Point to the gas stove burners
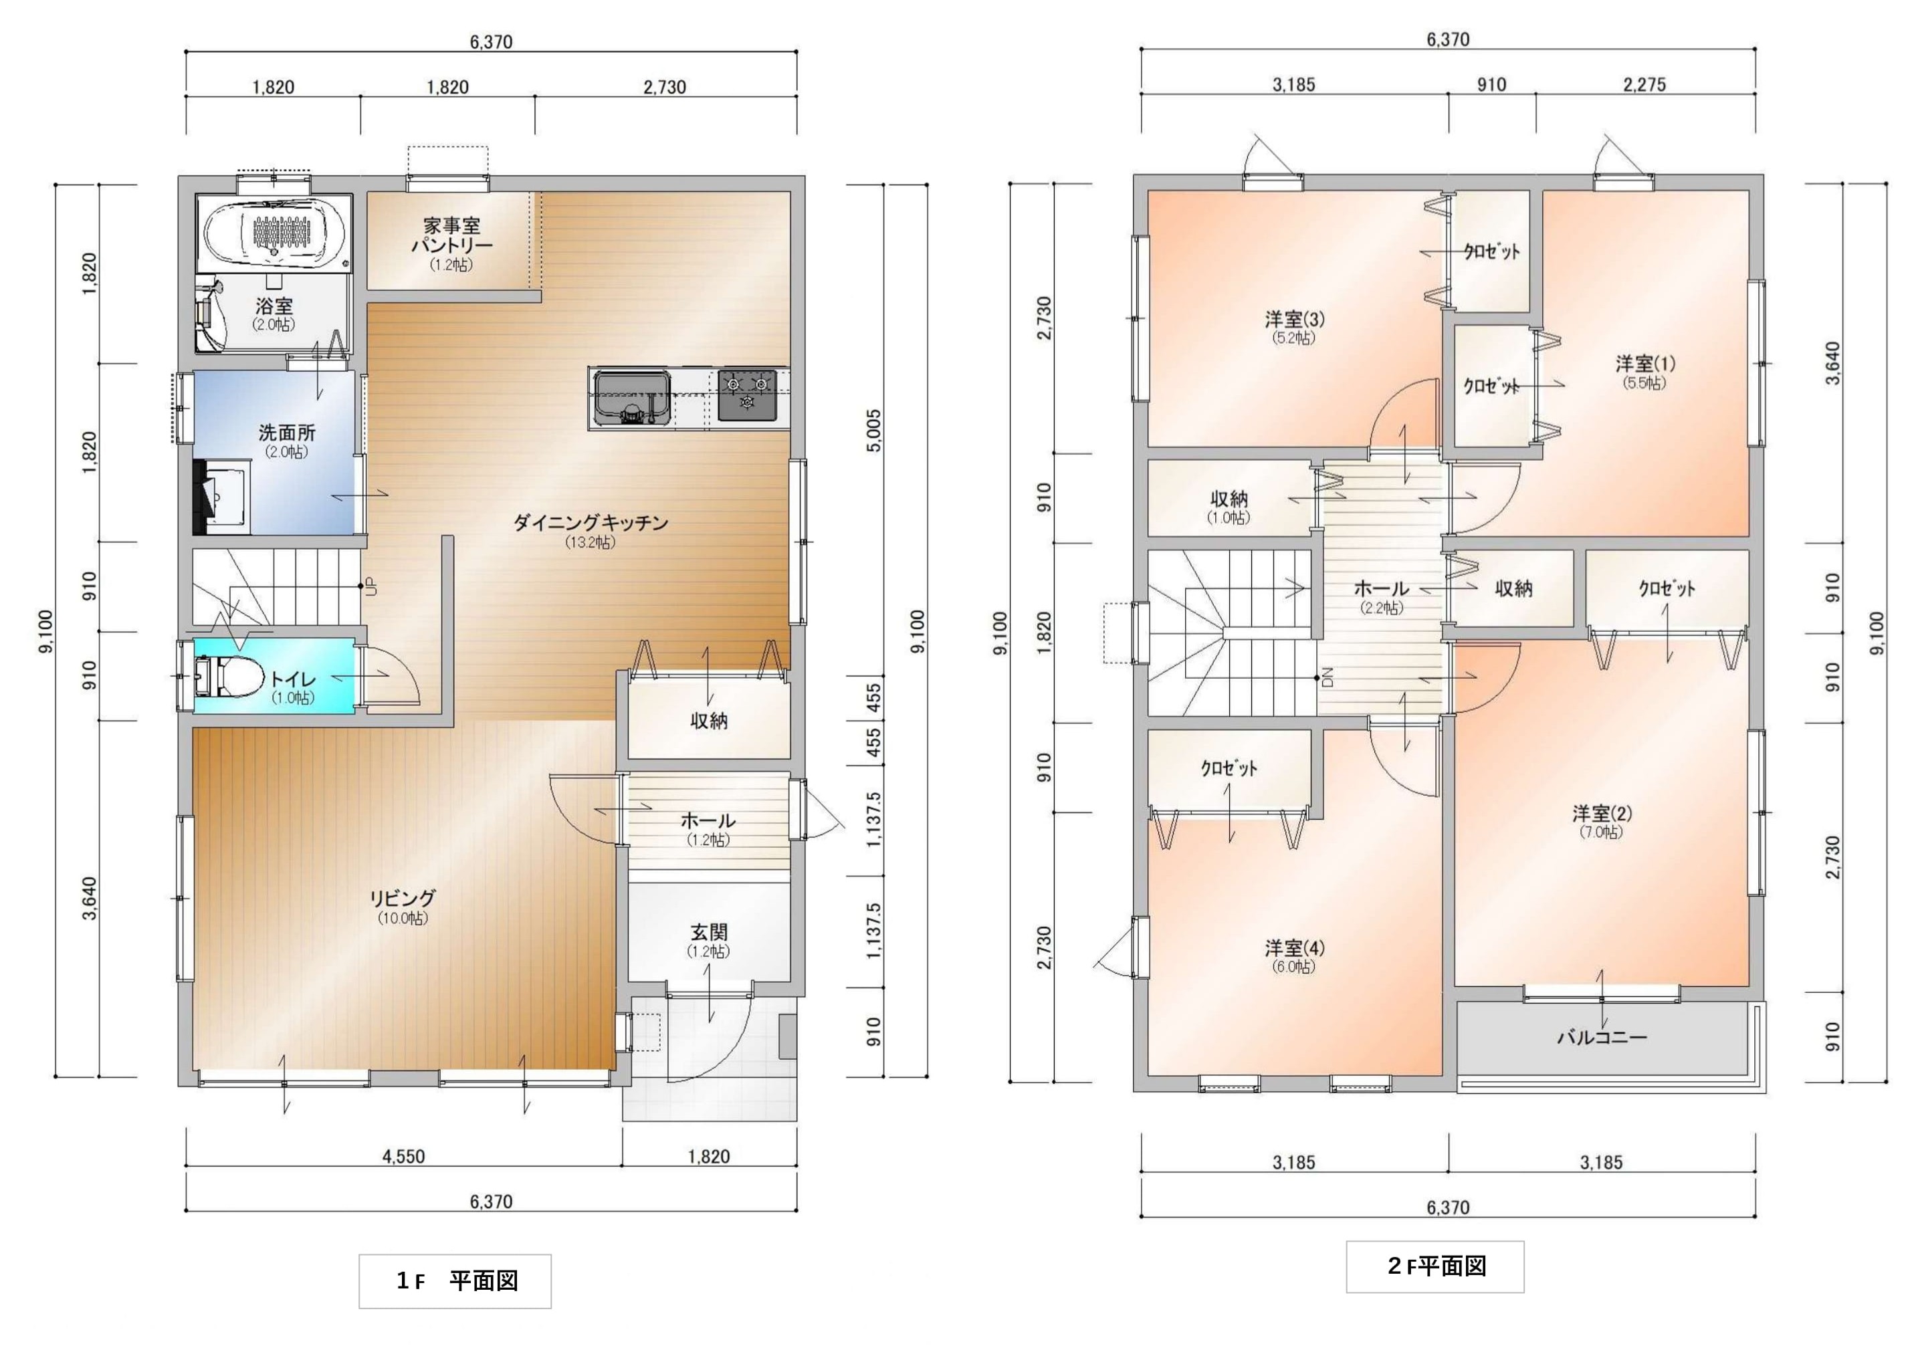pos(747,395)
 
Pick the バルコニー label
pos(1602,1037)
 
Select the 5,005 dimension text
pos(873,430)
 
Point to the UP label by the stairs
pos(372,586)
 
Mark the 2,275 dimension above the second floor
pos(1644,84)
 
